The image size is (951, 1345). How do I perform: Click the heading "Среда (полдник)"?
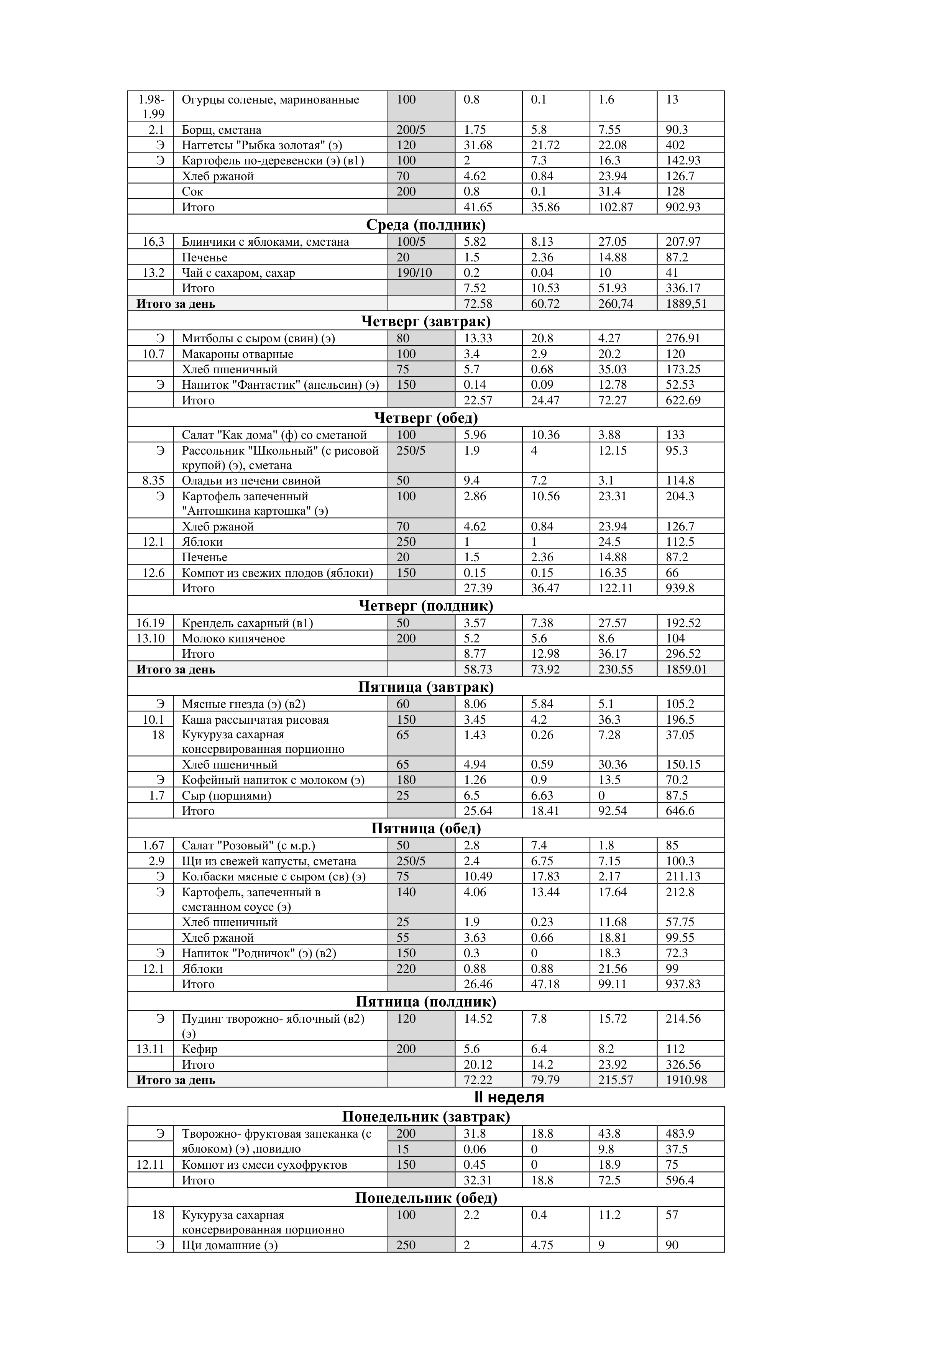tap(425, 224)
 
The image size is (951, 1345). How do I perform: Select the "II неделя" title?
tap(509, 1097)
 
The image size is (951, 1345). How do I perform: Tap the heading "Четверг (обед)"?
tap(425, 418)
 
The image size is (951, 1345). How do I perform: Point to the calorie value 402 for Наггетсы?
tap(675, 145)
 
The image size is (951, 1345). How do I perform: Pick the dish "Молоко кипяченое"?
tap(233, 639)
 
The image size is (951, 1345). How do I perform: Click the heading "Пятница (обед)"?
tap(425, 828)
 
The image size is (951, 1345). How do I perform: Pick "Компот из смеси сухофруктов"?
tap(264, 1164)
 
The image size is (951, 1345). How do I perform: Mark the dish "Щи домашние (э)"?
tap(229, 1245)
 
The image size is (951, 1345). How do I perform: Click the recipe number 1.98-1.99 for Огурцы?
tap(151, 107)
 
